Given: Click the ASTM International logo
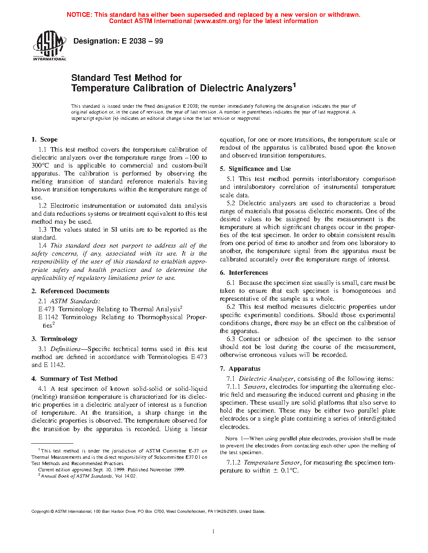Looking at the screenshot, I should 50,46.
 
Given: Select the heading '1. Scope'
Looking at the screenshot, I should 44,140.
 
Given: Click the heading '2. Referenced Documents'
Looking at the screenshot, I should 70,291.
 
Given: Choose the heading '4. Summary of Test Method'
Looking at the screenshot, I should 74,379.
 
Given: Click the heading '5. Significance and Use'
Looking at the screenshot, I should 255,169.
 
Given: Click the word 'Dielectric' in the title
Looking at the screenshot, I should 222,88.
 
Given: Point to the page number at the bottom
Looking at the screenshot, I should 214,532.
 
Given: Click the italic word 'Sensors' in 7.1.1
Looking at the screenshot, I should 255,387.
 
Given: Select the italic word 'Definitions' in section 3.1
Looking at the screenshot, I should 65,349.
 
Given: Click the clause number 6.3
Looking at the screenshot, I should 231,339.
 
